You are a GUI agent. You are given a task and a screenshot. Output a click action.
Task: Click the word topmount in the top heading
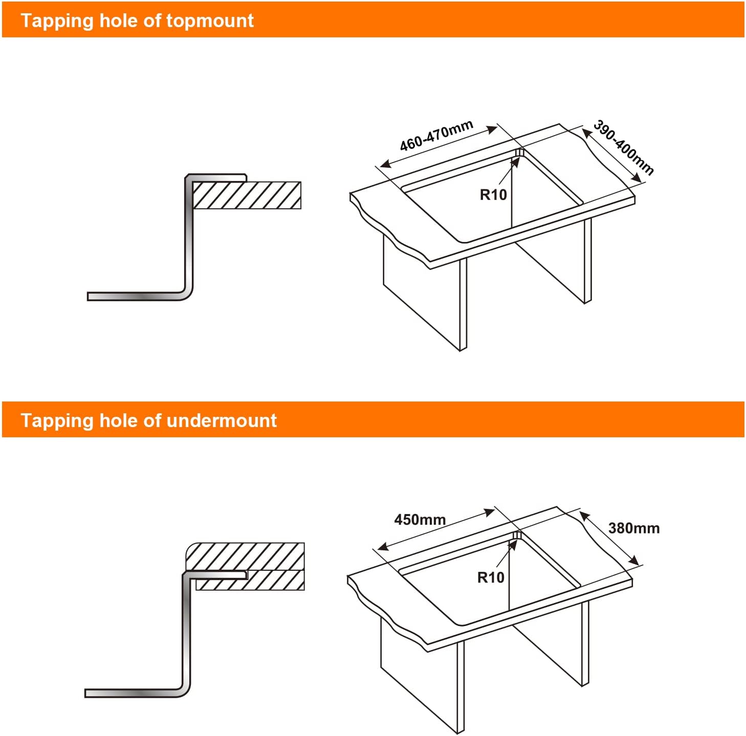point(210,20)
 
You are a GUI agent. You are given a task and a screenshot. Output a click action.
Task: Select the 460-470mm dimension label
point(436,136)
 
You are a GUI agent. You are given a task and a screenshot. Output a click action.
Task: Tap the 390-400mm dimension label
point(623,147)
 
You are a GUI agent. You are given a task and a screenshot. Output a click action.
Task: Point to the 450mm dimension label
point(420,520)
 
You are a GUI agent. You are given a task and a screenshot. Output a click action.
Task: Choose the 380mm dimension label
point(634,528)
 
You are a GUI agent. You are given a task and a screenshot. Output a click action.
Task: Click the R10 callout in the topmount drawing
point(493,195)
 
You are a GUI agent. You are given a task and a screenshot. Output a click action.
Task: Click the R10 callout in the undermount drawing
point(491,577)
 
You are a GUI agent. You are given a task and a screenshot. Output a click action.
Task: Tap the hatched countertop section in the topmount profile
point(247,195)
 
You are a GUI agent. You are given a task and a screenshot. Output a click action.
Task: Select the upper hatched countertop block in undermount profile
point(246,556)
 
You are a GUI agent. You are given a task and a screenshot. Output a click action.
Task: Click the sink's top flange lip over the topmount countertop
point(217,177)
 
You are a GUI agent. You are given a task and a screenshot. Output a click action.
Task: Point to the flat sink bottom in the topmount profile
point(136,296)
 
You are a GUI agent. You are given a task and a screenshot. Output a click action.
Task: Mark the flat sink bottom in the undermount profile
point(134,693)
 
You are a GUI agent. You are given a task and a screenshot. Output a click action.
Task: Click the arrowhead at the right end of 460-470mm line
point(492,129)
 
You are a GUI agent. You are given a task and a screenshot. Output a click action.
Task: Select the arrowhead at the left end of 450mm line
point(383,547)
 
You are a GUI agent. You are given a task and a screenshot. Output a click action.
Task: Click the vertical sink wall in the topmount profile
point(189,236)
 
